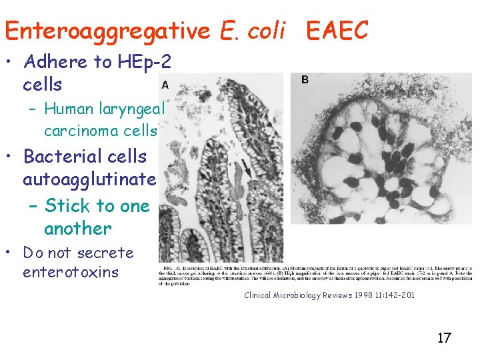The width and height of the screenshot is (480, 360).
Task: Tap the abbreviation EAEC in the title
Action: point(337,31)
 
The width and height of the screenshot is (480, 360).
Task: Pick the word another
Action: point(77,228)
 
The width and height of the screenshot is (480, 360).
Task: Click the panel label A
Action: point(165,85)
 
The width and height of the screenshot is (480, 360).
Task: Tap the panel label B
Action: point(305,79)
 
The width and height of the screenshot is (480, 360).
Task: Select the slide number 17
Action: point(444,338)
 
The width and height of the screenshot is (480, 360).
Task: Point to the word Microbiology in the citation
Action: point(293,295)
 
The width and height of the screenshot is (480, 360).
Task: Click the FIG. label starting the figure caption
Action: point(167,269)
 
